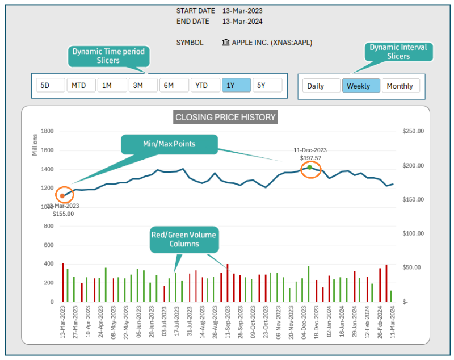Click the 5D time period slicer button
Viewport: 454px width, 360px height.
click(x=50, y=86)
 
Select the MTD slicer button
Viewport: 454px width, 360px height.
click(x=81, y=86)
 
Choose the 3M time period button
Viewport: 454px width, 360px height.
click(x=142, y=86)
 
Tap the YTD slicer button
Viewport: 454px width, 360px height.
click(x=205, y=86)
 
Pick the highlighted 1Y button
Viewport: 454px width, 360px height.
click(x=236, y=86)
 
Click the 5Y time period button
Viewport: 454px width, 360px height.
click(x=267, y=86)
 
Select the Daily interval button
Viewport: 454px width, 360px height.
click(x=321, y=86)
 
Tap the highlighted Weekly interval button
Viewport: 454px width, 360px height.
click(x=360, y=86)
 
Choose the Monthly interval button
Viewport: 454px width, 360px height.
click(x=401, y=86)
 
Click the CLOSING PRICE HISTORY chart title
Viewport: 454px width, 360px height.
click(x=225, y=118)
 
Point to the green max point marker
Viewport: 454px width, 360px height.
click(x=310, y=168)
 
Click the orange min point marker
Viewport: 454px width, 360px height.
click(x=62, y=196)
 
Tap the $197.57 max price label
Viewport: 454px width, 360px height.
click(x=310, y=158)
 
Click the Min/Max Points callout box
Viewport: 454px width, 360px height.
click(x=170, y=144)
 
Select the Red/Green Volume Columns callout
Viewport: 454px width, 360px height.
click(x=183, y=239)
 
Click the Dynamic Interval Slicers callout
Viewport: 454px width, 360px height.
click(x=398, y=52)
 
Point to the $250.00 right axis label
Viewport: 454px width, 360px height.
click(x=413, y=131)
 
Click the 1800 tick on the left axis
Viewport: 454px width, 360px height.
click(x=47, y=131)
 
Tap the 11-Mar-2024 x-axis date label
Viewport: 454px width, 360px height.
click(x=392, y=323)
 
